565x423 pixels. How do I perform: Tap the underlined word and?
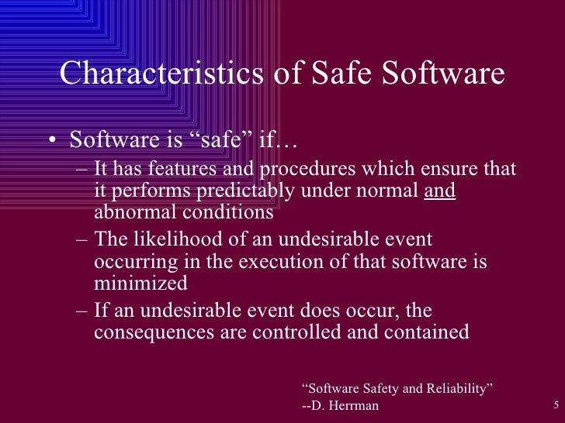click(440, 189)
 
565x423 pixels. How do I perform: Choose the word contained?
click(423, 332)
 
